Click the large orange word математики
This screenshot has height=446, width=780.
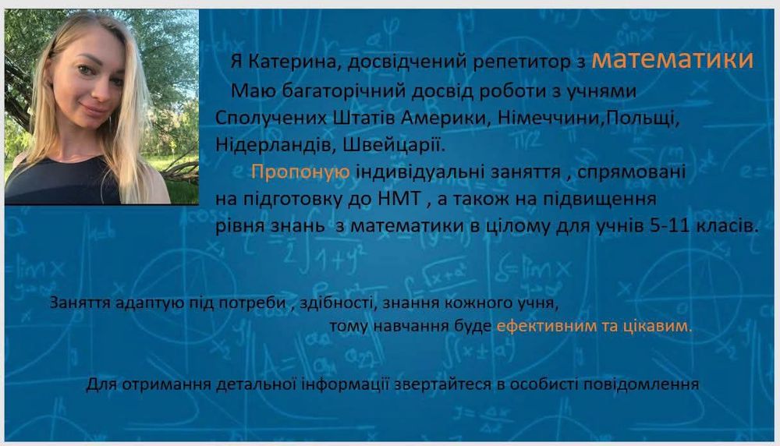(672, 59)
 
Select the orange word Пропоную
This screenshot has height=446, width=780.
(300, 172)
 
